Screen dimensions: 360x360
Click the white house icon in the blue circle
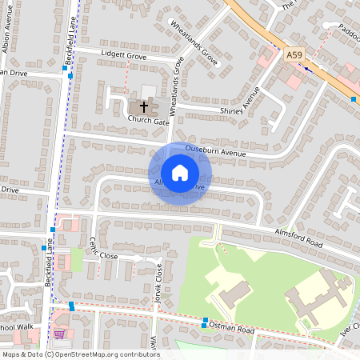tap(179, 173)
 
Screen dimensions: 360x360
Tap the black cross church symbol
tap(145, 106)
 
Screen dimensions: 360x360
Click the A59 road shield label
tap(294, 55)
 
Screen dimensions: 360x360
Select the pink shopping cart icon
tap(59, 334)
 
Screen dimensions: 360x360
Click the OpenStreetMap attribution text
tap(80, 354)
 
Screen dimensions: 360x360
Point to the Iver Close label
tap(350, 334)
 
